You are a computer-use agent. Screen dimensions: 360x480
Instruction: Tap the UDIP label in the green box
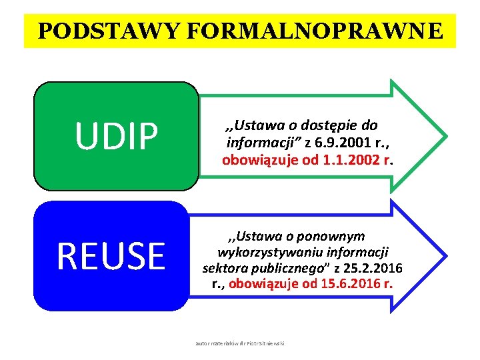pyautogui.click(x=117, y=135)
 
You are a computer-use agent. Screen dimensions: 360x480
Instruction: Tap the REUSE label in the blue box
pyautogui.click(x=111, y=256)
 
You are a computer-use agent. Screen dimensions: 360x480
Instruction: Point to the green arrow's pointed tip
pyautogui.click(x=445, y=135)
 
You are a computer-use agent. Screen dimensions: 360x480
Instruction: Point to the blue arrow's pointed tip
pyautogui.click(x=445, y=256)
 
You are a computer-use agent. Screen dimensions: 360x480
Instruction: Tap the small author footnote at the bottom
pyautogui.click(x=240, y=343)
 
